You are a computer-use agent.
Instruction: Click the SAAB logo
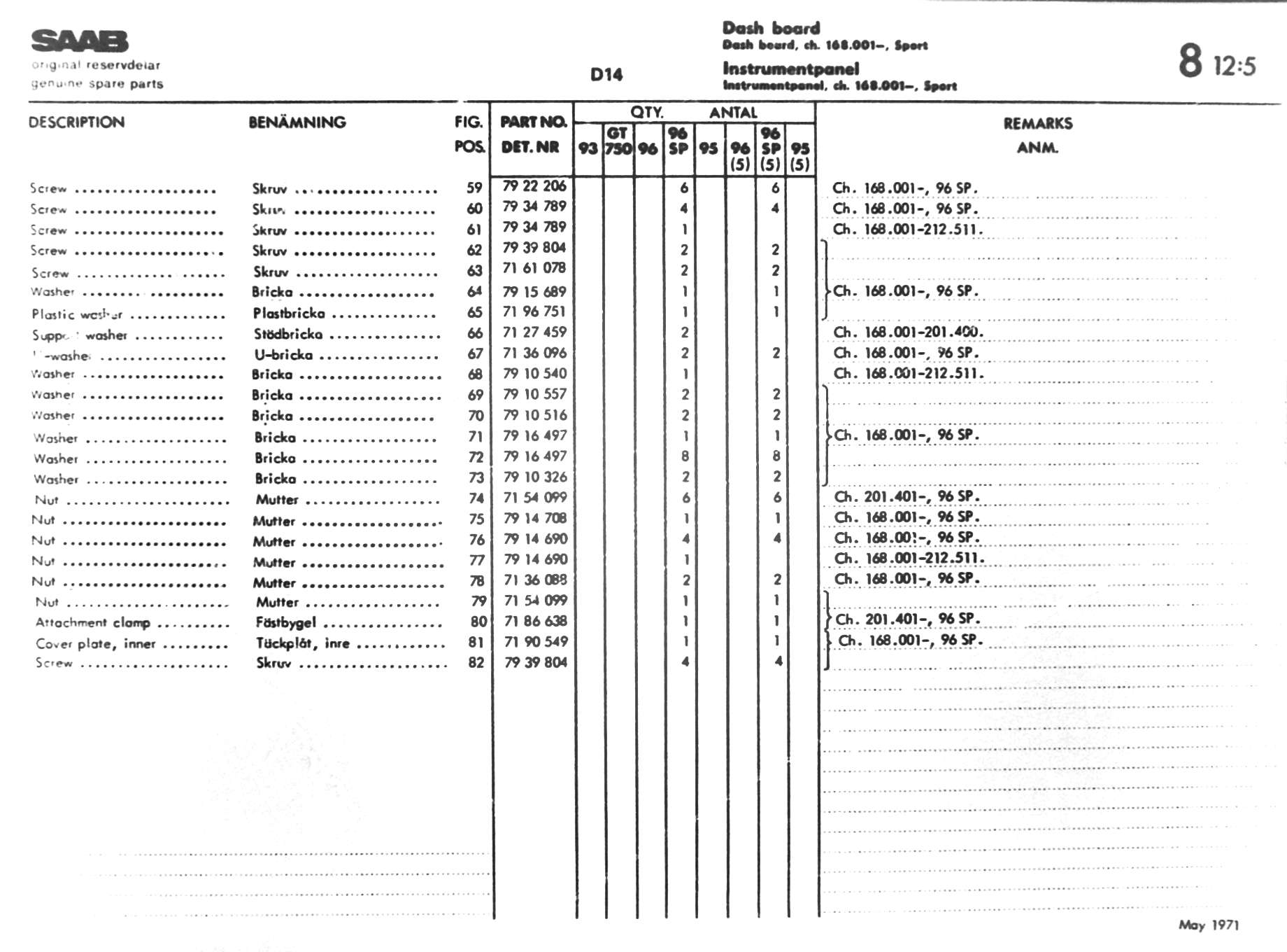(x=80, y=41)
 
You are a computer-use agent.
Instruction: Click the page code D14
(x=606, y=75)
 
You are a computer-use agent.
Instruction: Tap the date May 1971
(x=1208, y=925)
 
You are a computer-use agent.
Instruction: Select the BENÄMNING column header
(x=297, y=122)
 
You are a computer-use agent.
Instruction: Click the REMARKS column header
(x=1037, y=124)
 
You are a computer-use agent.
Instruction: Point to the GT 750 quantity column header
(x=618, y=141)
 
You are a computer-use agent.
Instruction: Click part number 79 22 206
(x=534, y=186)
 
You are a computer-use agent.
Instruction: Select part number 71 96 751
(x=534, y=311)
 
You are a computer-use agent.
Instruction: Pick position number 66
(x=475, y=333)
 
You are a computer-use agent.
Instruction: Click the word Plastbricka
(x=289, y=313)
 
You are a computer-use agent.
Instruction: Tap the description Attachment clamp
(x=93, y=622)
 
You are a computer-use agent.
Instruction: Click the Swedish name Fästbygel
(x=286, y=622)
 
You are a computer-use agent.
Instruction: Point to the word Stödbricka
(x=288, y=334)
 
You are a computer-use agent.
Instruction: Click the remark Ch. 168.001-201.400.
(x=908, y=332)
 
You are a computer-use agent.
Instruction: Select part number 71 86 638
(x=535, y=621)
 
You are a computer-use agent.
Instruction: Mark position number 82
(x=476, y=662)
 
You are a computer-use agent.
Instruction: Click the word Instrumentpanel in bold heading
(x=790, y=69)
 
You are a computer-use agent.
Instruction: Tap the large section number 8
(x=1190, y=61)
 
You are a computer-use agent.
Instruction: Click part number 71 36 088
(x=535, y=580)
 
